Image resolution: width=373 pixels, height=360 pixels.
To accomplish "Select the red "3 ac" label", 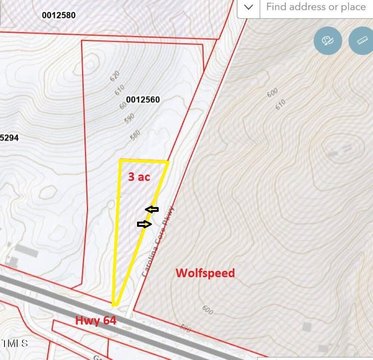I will [x=140, y=175].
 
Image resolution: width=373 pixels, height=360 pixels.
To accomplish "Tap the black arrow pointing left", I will [x=152, y=209].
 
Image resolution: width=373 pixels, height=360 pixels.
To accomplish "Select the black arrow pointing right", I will [x=144, y=224].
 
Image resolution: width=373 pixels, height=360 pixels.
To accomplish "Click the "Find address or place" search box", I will [x=317, y=7].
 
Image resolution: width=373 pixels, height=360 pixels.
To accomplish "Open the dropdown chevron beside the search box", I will [x=248, y=7].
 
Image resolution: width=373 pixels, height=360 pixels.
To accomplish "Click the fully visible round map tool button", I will [x=328, y=41].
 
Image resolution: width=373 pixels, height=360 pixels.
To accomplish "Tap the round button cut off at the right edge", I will [x=364, y=41].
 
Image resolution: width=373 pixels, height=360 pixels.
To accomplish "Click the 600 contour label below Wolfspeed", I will [x=207, y=309].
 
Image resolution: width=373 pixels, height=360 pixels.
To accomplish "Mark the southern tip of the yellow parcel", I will [x=113, y=307].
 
